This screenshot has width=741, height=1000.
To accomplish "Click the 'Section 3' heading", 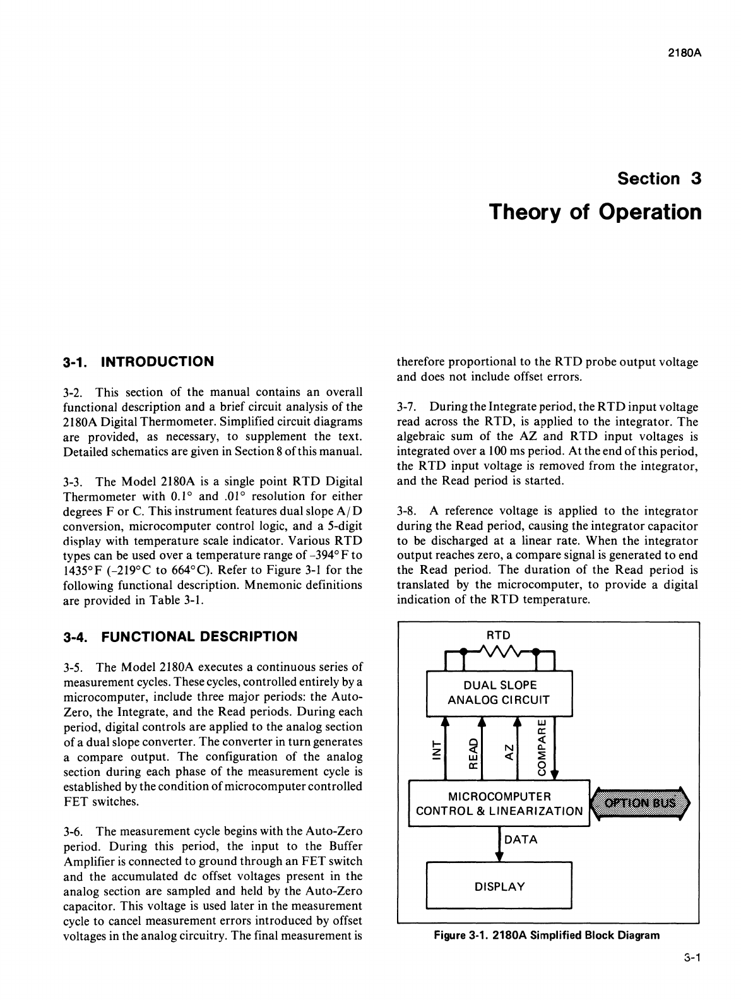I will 660,179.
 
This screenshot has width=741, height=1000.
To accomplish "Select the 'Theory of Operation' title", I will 595,211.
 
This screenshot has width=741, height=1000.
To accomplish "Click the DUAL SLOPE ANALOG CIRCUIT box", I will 499,693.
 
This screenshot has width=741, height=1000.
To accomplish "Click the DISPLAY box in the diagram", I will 499,886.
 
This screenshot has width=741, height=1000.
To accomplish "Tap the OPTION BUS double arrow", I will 640,803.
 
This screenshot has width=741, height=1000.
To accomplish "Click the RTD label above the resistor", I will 499,634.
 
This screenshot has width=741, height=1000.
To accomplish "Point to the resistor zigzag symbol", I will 499,650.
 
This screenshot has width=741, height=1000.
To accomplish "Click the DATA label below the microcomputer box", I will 521,840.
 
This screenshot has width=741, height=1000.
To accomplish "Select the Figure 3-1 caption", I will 547,935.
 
